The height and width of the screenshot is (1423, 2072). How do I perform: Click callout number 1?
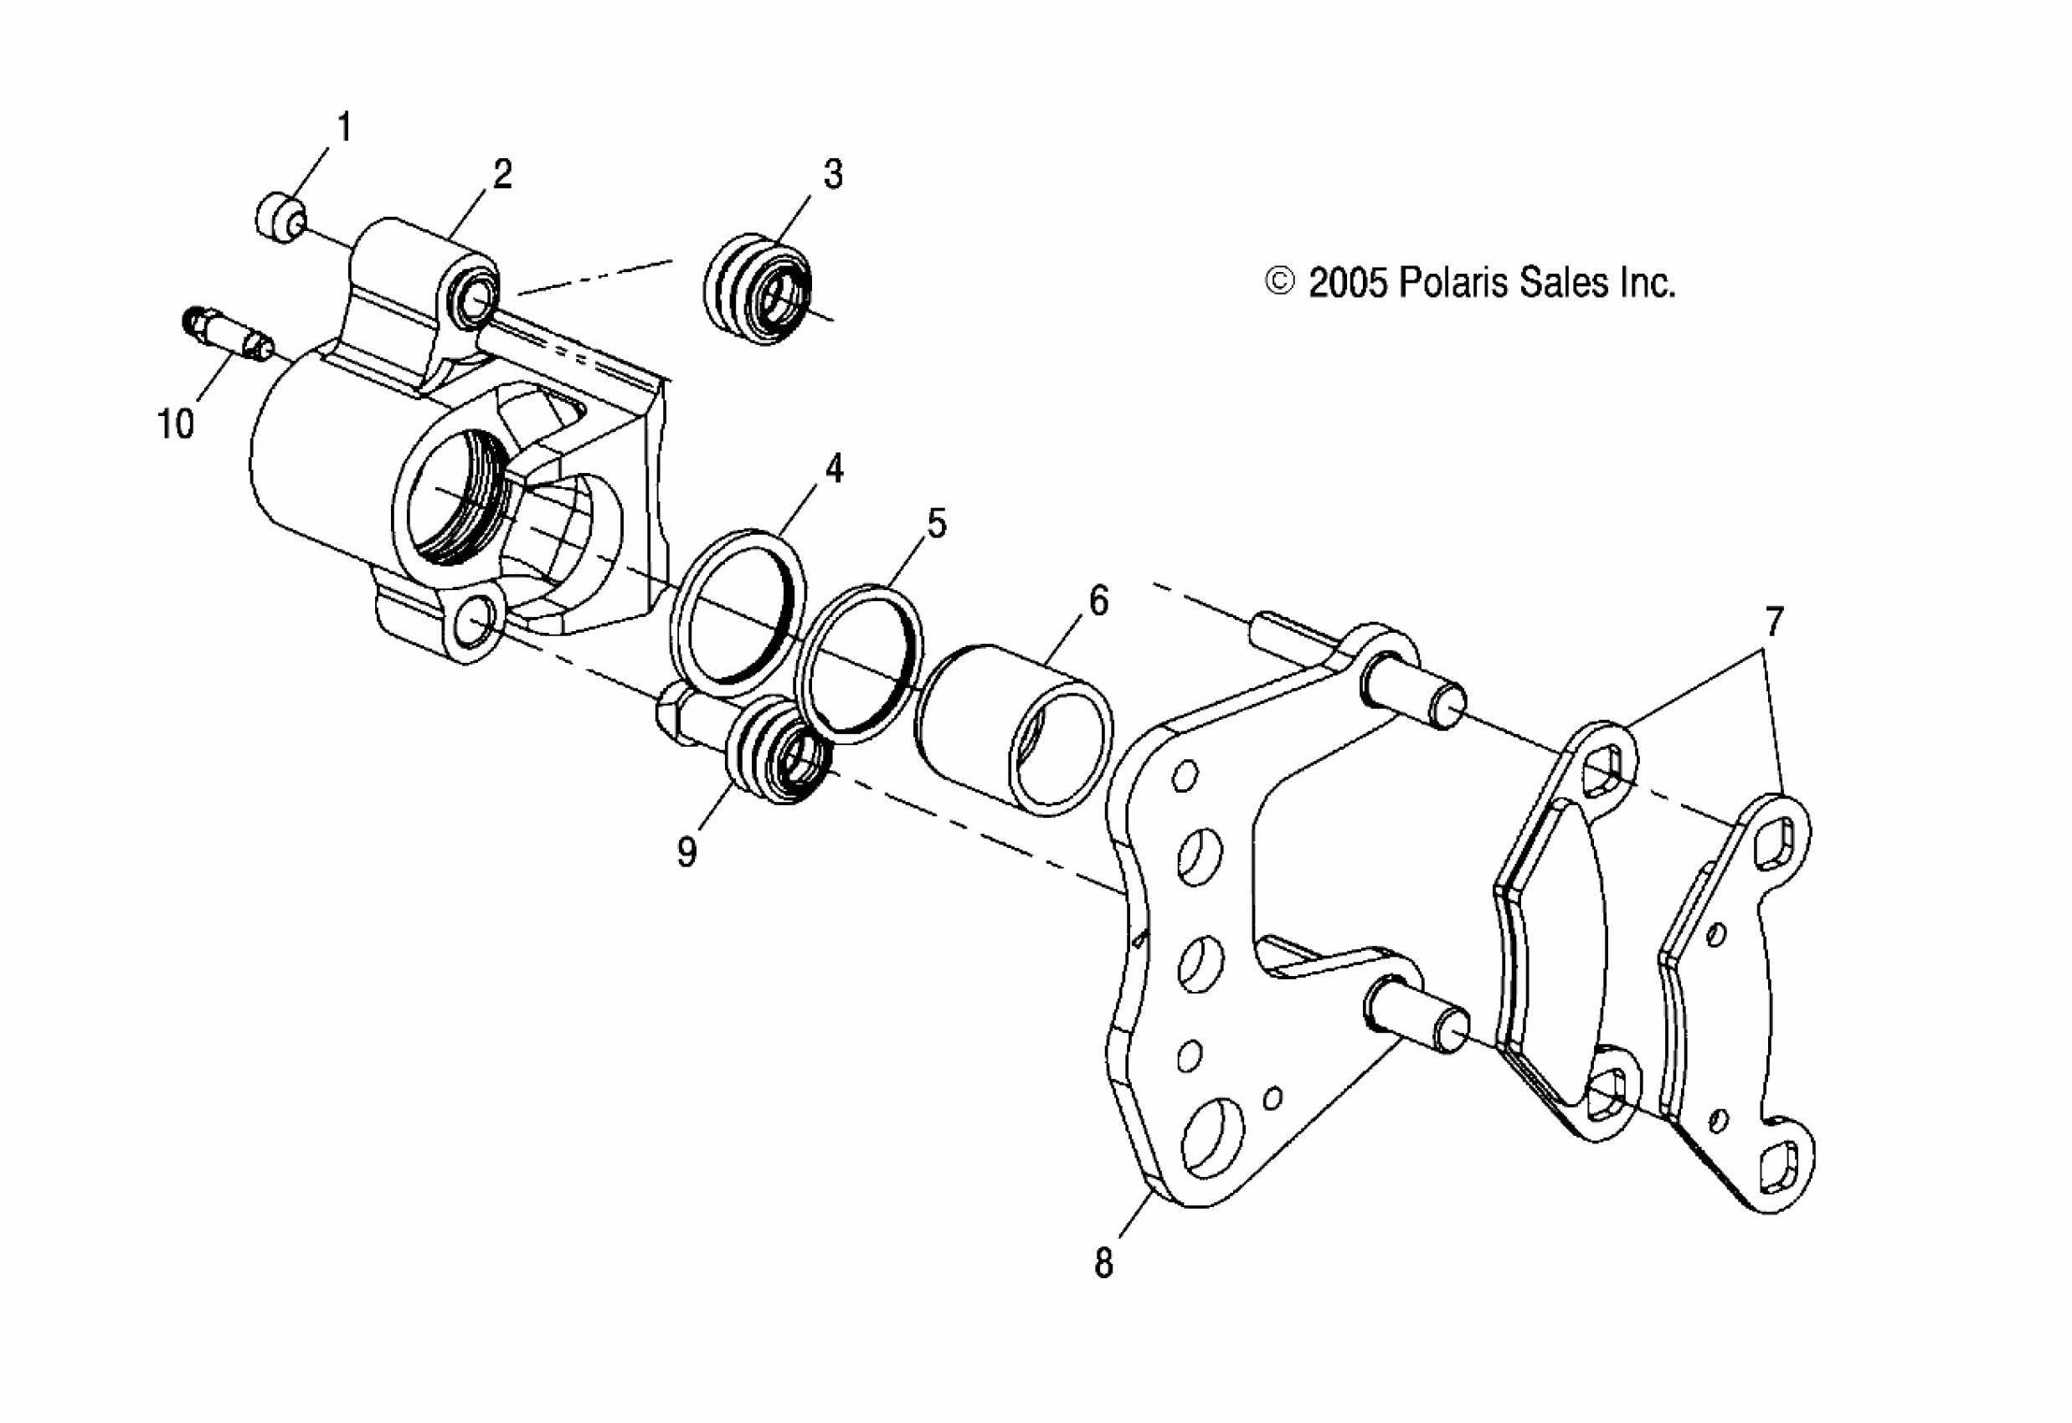[x=343, y=126]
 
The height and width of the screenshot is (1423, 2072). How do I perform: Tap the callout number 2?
[x=502, y=174]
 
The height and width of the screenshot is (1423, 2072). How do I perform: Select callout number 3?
[x=833, y=174]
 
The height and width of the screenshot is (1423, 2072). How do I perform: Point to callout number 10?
[x=175, y=424]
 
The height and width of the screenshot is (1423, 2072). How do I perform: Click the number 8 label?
[x=1103, y=1263]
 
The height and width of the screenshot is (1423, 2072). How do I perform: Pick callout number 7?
[x=1774, y=621]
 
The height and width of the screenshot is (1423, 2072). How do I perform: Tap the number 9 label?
[x=686, y=852]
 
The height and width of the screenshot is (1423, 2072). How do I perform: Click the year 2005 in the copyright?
[x=1347, y=283]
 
